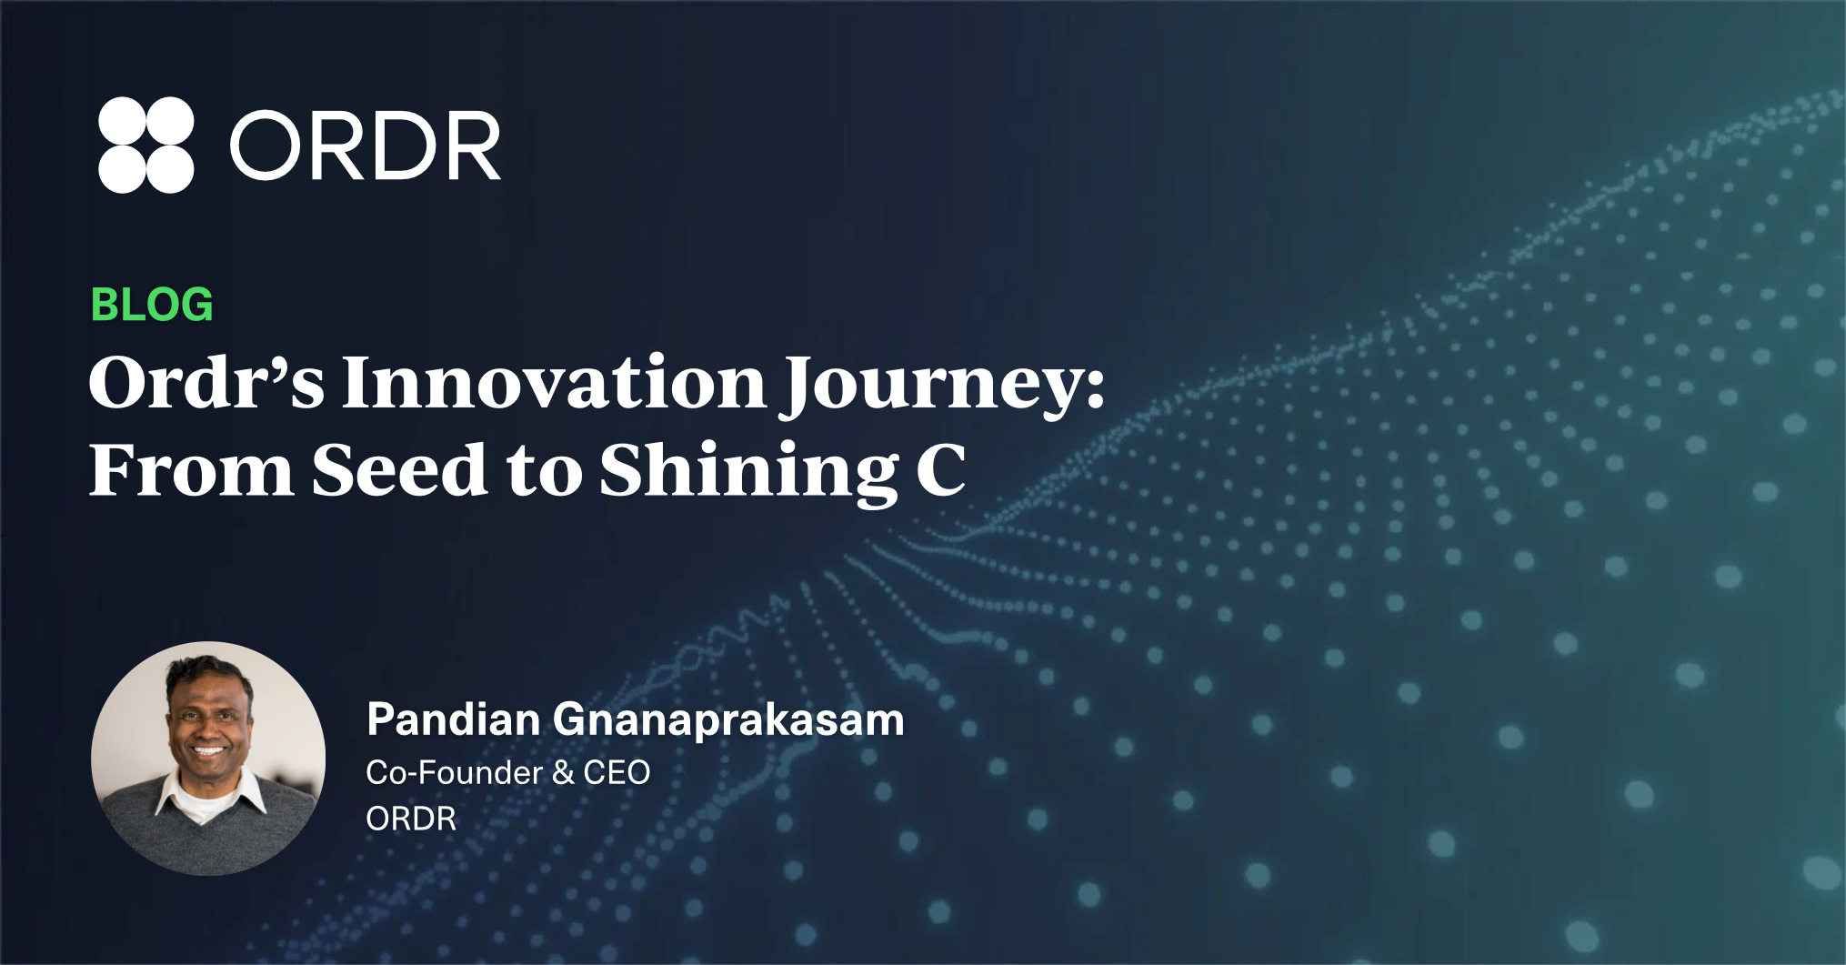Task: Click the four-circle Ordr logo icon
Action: pyautogui.click(x=145, y=145)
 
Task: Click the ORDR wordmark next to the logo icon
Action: pyautogui.click(x=366, y=146)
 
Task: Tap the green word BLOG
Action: pyautogui.click(x=152, y=305)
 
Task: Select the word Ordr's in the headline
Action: pyautogui.click(x=206, y=383)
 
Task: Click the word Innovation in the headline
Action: pyautogui.click(x=555, y=383)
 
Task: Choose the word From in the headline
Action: pyautogui.click(x=191, y=469)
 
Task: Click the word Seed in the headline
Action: pyautogui.click(x=400, y=469)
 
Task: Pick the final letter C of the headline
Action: pyautogui.click(x=940, y=469)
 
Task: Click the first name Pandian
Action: pyautogui.click(x=454, y=719)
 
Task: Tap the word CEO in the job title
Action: pyautogui.click(x=617, y=773)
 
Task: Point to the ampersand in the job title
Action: pyautogui.click(x=563, y=773)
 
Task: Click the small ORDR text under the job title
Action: pyautogui.click(x=411, y=819)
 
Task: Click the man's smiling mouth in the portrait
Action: pyautogui.click(x=209, y=751)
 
